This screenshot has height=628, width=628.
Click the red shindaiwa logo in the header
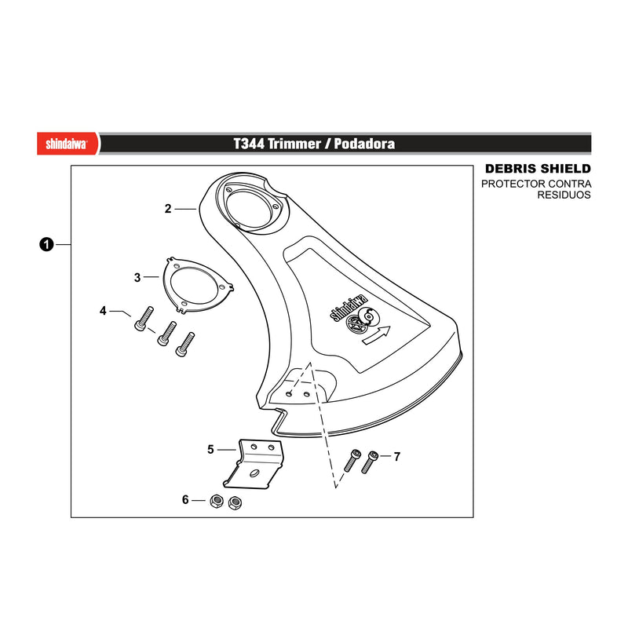(67, 144)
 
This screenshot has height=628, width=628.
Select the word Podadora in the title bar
(364, 144)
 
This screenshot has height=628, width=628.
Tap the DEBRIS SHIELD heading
(538, 169)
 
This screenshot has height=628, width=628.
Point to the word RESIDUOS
(564, 195)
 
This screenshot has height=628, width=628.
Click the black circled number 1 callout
(46, 244)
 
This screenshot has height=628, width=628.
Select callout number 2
(168, 209)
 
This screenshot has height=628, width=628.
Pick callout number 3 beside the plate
(137, 278)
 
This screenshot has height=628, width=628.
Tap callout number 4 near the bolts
(104, 311)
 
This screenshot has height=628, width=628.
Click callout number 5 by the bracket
(210, 450)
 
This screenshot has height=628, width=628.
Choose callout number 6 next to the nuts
(185, 500)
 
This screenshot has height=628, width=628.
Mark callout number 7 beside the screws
(397, 457)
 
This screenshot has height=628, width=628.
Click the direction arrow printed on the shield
(376, 335)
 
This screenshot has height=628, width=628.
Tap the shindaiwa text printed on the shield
(349, 308)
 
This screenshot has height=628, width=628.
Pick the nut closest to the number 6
(217, 501)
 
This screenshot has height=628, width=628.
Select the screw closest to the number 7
(370, 462)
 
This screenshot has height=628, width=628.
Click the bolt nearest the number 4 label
(144, 319)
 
